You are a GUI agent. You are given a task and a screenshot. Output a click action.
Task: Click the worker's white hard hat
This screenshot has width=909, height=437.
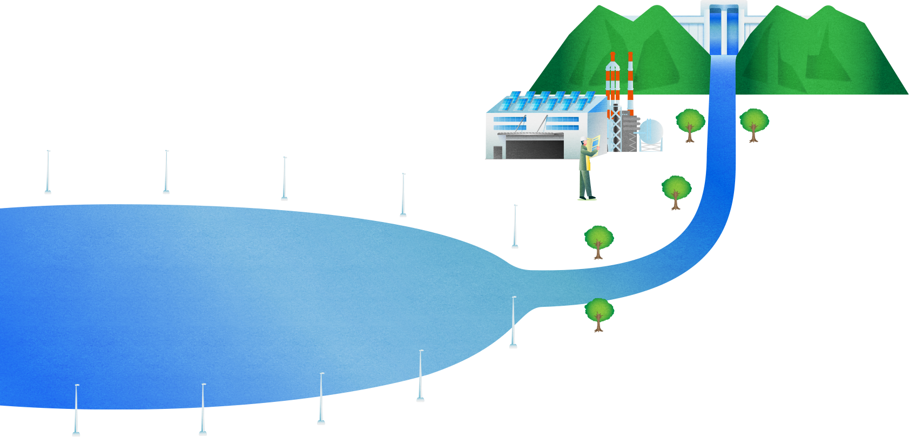point(583,140)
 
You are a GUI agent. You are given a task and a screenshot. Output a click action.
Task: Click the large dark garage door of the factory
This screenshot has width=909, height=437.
point(535,147)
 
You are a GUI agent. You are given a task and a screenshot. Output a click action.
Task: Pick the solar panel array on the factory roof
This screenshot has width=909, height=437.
point(546,100)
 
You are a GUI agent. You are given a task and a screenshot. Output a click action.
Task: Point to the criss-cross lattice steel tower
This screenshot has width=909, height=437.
point(615,130)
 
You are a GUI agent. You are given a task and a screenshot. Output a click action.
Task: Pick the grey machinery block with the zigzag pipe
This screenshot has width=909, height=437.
point(629,132)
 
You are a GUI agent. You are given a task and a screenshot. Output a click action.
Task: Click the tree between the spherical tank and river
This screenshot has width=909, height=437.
point(690,124)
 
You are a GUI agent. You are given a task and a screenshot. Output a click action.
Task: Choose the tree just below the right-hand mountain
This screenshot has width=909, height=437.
point(753,123)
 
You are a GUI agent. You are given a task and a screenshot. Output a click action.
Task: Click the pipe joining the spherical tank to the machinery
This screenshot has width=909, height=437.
point(637,130)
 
